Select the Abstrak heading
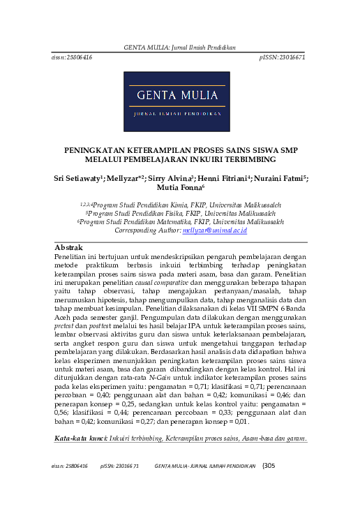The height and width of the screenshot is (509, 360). [x=68, y=248]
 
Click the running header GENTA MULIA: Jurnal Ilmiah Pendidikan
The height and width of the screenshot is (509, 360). [x=180, y=47]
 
